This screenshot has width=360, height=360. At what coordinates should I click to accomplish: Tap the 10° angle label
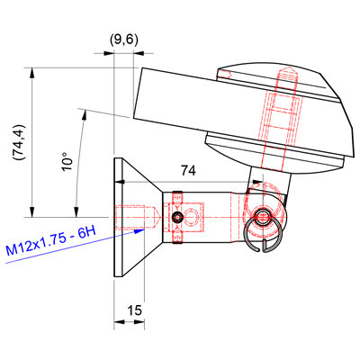click(x=67, y=161)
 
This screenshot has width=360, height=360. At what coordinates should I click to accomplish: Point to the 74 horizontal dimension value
click(x=188, y=171)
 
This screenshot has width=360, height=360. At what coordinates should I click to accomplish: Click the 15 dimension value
click(x=135, y=310)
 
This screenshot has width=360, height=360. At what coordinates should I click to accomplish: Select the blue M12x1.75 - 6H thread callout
click(x=50, y=241)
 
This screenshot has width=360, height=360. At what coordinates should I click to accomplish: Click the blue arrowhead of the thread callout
click(x=139, y=230)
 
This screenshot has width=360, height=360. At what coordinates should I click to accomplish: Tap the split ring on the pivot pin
click(x=262, y=234)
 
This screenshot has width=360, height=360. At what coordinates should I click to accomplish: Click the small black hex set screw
click(x=177, y=217)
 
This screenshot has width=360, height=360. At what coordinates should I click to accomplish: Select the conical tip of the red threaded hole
click(x=157, y=217)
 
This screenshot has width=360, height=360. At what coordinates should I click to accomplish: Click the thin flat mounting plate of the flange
click(x=118, y=217)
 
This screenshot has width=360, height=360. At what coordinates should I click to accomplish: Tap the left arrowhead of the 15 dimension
click(x=119, y=322)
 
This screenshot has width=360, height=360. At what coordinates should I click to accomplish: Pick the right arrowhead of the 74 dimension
click(x=257, y=182)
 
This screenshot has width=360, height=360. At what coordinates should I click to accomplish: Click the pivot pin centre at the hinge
click(x=263, y=217)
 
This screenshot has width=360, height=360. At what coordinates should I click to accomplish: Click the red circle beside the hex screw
click(x=191, y=217)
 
